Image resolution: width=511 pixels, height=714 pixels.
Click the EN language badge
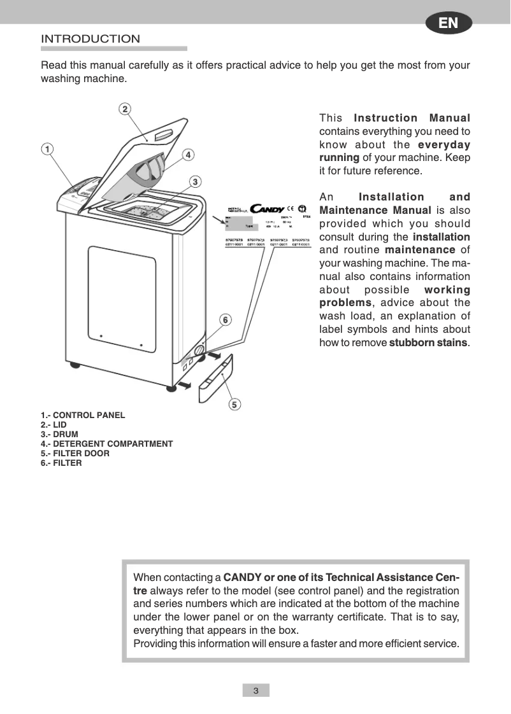(x=448, y=23)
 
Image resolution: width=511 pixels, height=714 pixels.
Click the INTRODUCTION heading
(x=90, y=39)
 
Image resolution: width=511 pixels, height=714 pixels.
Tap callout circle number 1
(x=47, y=149)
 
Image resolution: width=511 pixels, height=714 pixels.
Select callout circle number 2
(x=126, y=109)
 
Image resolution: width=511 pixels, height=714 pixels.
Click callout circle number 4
(x=189, y=155)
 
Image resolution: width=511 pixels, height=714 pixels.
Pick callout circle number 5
(x=234, y=404)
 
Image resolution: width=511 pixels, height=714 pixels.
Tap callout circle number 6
(x=225, y=319)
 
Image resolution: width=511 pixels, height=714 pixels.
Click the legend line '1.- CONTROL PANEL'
(x=83, y=416)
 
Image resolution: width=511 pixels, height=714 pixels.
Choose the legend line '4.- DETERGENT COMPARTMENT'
(x=106, y=444)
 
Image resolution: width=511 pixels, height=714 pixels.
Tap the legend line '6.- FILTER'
(x=61, y=463)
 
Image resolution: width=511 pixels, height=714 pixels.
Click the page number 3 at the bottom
(x=255, y=691)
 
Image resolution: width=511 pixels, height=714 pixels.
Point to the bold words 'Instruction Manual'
(x=412, y=118)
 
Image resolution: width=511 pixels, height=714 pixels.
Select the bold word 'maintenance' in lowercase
(x=420, y=250)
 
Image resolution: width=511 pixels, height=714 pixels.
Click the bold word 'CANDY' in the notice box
(x=242, y=578)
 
